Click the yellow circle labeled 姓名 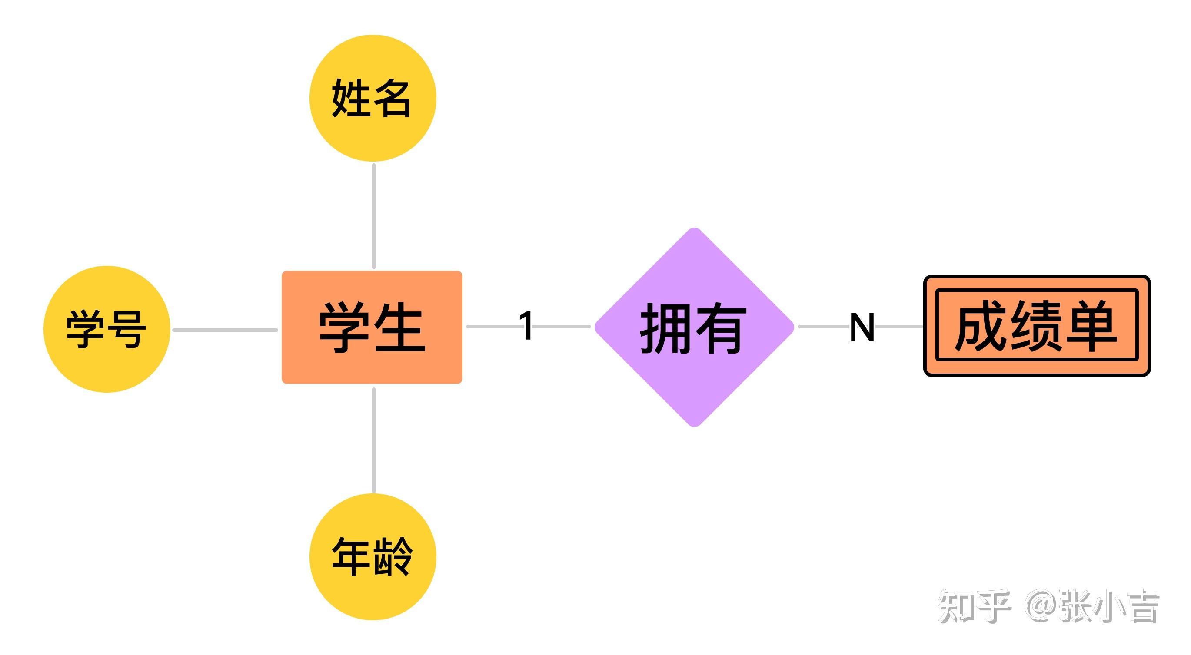(x=373, y=98)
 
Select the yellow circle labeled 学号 (x=107, y=329)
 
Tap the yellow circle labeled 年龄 (x=373, y=556)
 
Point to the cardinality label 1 (x=526, y=326)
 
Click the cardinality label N (x=862, y=327)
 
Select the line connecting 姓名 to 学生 (x=373, y=216)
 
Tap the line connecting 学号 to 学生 (x=225, y=330)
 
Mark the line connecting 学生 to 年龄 (x=373, y=440)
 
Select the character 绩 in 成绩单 (x=1036, y=325)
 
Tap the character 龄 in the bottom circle (x=393, y=556)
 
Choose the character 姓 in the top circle (x=350, y=98)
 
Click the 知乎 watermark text (x=974, y=606)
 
